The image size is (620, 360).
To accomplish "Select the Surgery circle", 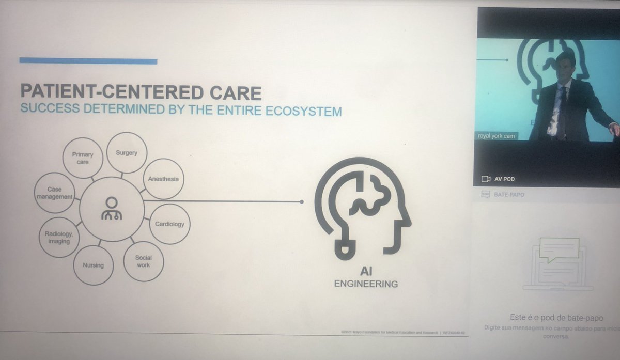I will coord(127,152).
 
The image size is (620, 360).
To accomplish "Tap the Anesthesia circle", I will coord(163,179).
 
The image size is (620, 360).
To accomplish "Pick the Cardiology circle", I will coord(169,224).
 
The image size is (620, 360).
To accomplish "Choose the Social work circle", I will coord(144,261).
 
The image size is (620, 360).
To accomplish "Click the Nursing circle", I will coord(94,265).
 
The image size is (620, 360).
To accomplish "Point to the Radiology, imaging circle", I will coord(58,237).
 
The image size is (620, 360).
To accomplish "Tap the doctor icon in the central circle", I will coord(112,208).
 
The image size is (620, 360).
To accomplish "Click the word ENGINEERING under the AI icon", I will coord(366,284).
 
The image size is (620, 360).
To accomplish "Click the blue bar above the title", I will coord(88,61).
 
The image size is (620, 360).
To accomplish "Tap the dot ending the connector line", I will coord(302,202).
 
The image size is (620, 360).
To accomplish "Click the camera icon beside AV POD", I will coord(486,179).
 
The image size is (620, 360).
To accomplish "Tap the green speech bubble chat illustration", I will coord(559,251).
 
